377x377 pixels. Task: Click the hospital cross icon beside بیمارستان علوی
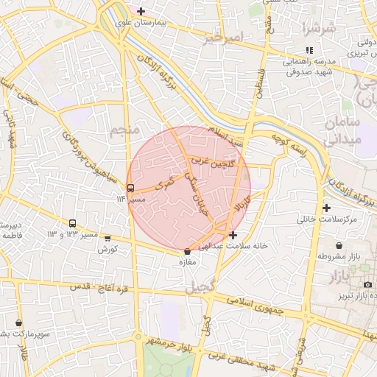[x=141, y=11]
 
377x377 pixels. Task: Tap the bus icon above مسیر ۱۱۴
[x=131, y=187]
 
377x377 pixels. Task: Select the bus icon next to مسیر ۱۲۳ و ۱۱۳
[x=73, y=223]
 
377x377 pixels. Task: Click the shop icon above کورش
[x=108, y=239]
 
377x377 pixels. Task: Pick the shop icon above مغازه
[x=188, y=252]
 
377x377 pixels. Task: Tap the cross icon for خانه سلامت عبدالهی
[x=233, y=236]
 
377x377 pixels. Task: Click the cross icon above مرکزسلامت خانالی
[x=326, y=208]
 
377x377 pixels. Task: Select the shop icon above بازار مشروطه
[x=339, y=245]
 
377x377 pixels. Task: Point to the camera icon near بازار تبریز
[x=367, y=285]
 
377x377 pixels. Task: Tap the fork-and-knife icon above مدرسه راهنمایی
[x=309, y=50]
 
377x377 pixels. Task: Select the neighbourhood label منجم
[x=123, y=132]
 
